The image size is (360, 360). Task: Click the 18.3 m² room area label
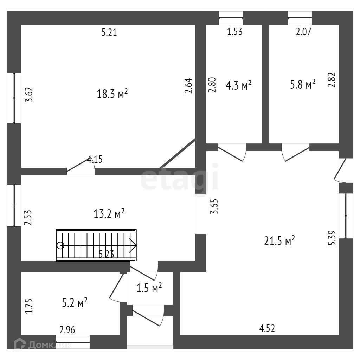[x=112, y=94]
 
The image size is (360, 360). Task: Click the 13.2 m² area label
[x=109, y=213]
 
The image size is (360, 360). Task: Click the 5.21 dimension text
[x=109, y=33]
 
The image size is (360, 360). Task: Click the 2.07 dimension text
[x=303, y=32]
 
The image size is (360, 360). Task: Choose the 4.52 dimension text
[x=267, y=329]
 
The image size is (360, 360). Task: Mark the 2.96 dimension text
[x=67, y=330]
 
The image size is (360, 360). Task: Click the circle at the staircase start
[x=60, y=245]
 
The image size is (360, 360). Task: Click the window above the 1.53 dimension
[x=231, y=18]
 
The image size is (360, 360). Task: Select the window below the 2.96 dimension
[x=73, y=341]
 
